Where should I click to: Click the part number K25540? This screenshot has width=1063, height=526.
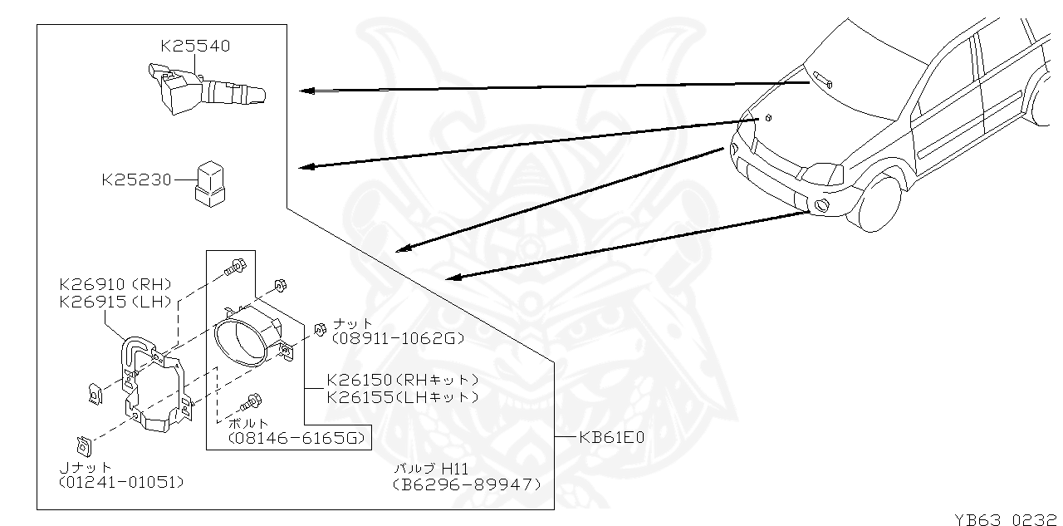[x=195, y=46]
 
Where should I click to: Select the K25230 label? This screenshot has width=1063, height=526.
[x=137, y=179]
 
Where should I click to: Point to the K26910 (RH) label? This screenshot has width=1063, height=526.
[x=115, y=283]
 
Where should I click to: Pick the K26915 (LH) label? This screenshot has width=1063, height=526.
[x=115, y=301]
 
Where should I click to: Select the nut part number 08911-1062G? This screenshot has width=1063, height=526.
[x=397, y=338]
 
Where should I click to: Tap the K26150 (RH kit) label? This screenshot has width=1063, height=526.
[x=403, y=380]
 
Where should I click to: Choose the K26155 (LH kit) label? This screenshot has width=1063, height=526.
[x=403, y=397]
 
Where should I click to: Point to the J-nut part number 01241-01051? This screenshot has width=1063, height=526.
[x=121, y=482]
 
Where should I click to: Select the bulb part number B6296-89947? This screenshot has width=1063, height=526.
[x=468, y=484]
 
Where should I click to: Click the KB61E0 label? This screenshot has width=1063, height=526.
[x=611, y=436]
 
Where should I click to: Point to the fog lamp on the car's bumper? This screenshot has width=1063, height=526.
[x=821, y=206]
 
